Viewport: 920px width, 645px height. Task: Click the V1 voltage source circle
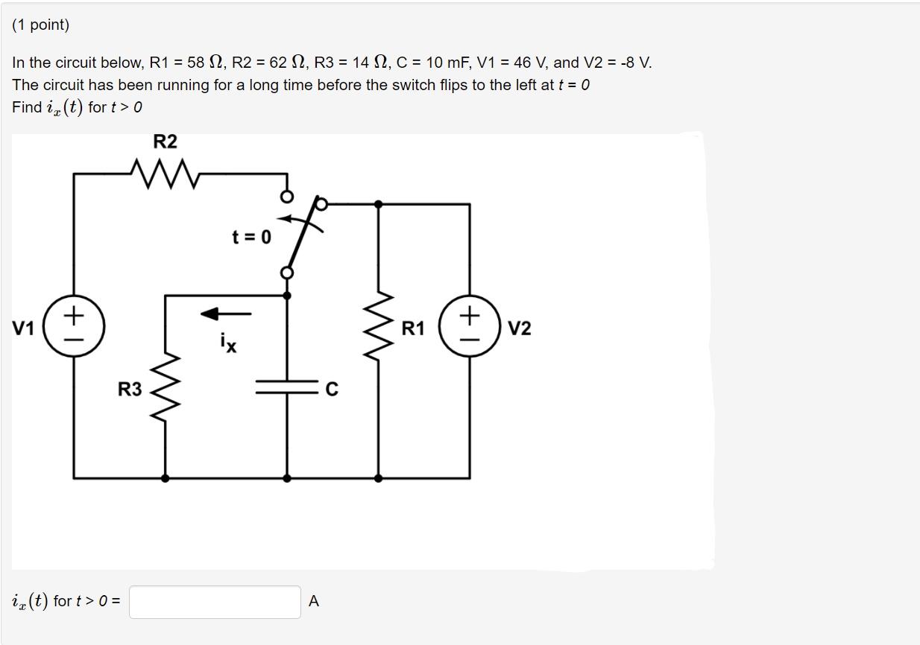pos(74,327)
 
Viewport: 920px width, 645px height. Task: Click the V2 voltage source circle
pos(469,327)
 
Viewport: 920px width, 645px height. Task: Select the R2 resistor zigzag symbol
pos(165,174)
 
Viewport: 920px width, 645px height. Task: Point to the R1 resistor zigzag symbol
pos(378,328)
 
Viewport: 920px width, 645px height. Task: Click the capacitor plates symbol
pos(287,387)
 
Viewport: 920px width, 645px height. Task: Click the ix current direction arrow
pos(226,314)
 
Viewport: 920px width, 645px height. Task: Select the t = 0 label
pos(251,238)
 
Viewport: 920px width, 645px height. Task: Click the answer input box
pos(215,601)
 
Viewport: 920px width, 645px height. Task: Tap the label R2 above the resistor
pos(165,142)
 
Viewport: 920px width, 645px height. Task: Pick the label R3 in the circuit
pos(130,389)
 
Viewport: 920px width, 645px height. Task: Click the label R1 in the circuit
pos(413,328)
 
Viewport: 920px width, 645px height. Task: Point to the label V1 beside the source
pos(23,328)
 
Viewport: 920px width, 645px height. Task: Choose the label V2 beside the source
pos(520,328)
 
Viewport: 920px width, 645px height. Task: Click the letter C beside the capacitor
pos(332,389)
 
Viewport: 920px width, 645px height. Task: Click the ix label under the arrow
pos(228,343)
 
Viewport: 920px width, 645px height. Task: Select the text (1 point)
pos(41,25)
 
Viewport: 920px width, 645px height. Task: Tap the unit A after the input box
pos(313,602)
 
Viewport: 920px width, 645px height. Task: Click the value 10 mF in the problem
pos(441,63)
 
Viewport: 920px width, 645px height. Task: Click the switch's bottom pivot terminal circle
pos(286,273)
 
